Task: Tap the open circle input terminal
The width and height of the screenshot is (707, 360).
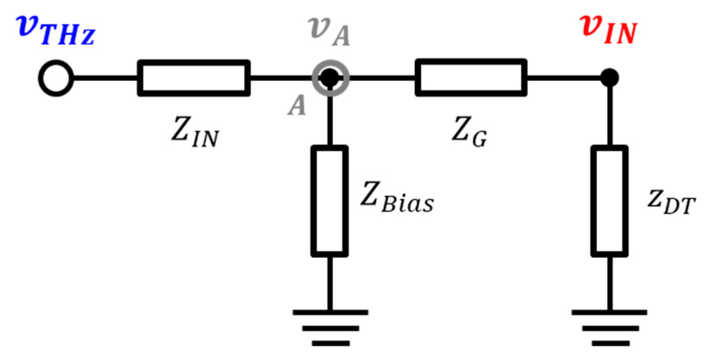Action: tap(56, 78)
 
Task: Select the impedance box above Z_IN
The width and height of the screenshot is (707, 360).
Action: tap(193, 78)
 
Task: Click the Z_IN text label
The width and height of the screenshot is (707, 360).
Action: tap(195, 132)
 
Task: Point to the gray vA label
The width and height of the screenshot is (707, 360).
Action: tap(330, 31)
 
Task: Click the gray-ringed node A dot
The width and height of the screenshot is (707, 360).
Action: tap(330, 78)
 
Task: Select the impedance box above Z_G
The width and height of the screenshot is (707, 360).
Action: tap(471, 78)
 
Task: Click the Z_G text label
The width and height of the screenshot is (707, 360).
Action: tap(469, 131)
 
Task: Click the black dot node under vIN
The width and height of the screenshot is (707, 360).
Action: tap(610, 78)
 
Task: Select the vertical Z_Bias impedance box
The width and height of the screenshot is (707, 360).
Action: tap(330, 201)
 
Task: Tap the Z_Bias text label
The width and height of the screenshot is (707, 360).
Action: tap(397, 198)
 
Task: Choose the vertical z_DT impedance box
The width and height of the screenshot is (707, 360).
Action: tap(609, 201)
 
